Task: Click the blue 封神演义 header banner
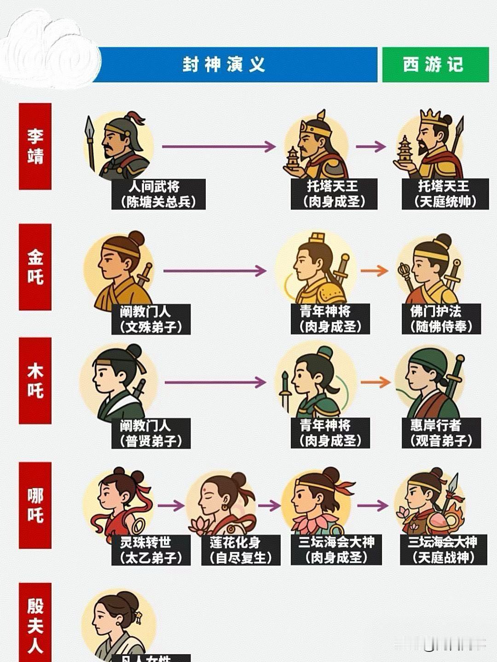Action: (237, 65)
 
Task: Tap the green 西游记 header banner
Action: (435, 65)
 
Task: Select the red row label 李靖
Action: (35, 146)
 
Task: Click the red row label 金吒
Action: (35, 267)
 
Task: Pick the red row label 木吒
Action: (35, 381)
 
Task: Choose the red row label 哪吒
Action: (35, 505)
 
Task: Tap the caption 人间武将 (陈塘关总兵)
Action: (158, 194)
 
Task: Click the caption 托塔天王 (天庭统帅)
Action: (445, 194)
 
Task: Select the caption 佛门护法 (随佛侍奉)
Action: (441, 319)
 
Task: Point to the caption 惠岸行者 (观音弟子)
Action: (441, 433)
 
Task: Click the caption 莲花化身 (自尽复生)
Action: (241, 550)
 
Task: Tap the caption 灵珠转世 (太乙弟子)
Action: (151, 550)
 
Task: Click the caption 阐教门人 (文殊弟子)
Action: (151, 319)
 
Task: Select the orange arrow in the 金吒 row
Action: (375, 271)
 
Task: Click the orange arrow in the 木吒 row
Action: (375, 382)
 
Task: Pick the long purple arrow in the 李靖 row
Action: (219, 147)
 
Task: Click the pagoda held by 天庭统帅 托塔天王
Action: (405, 149)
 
